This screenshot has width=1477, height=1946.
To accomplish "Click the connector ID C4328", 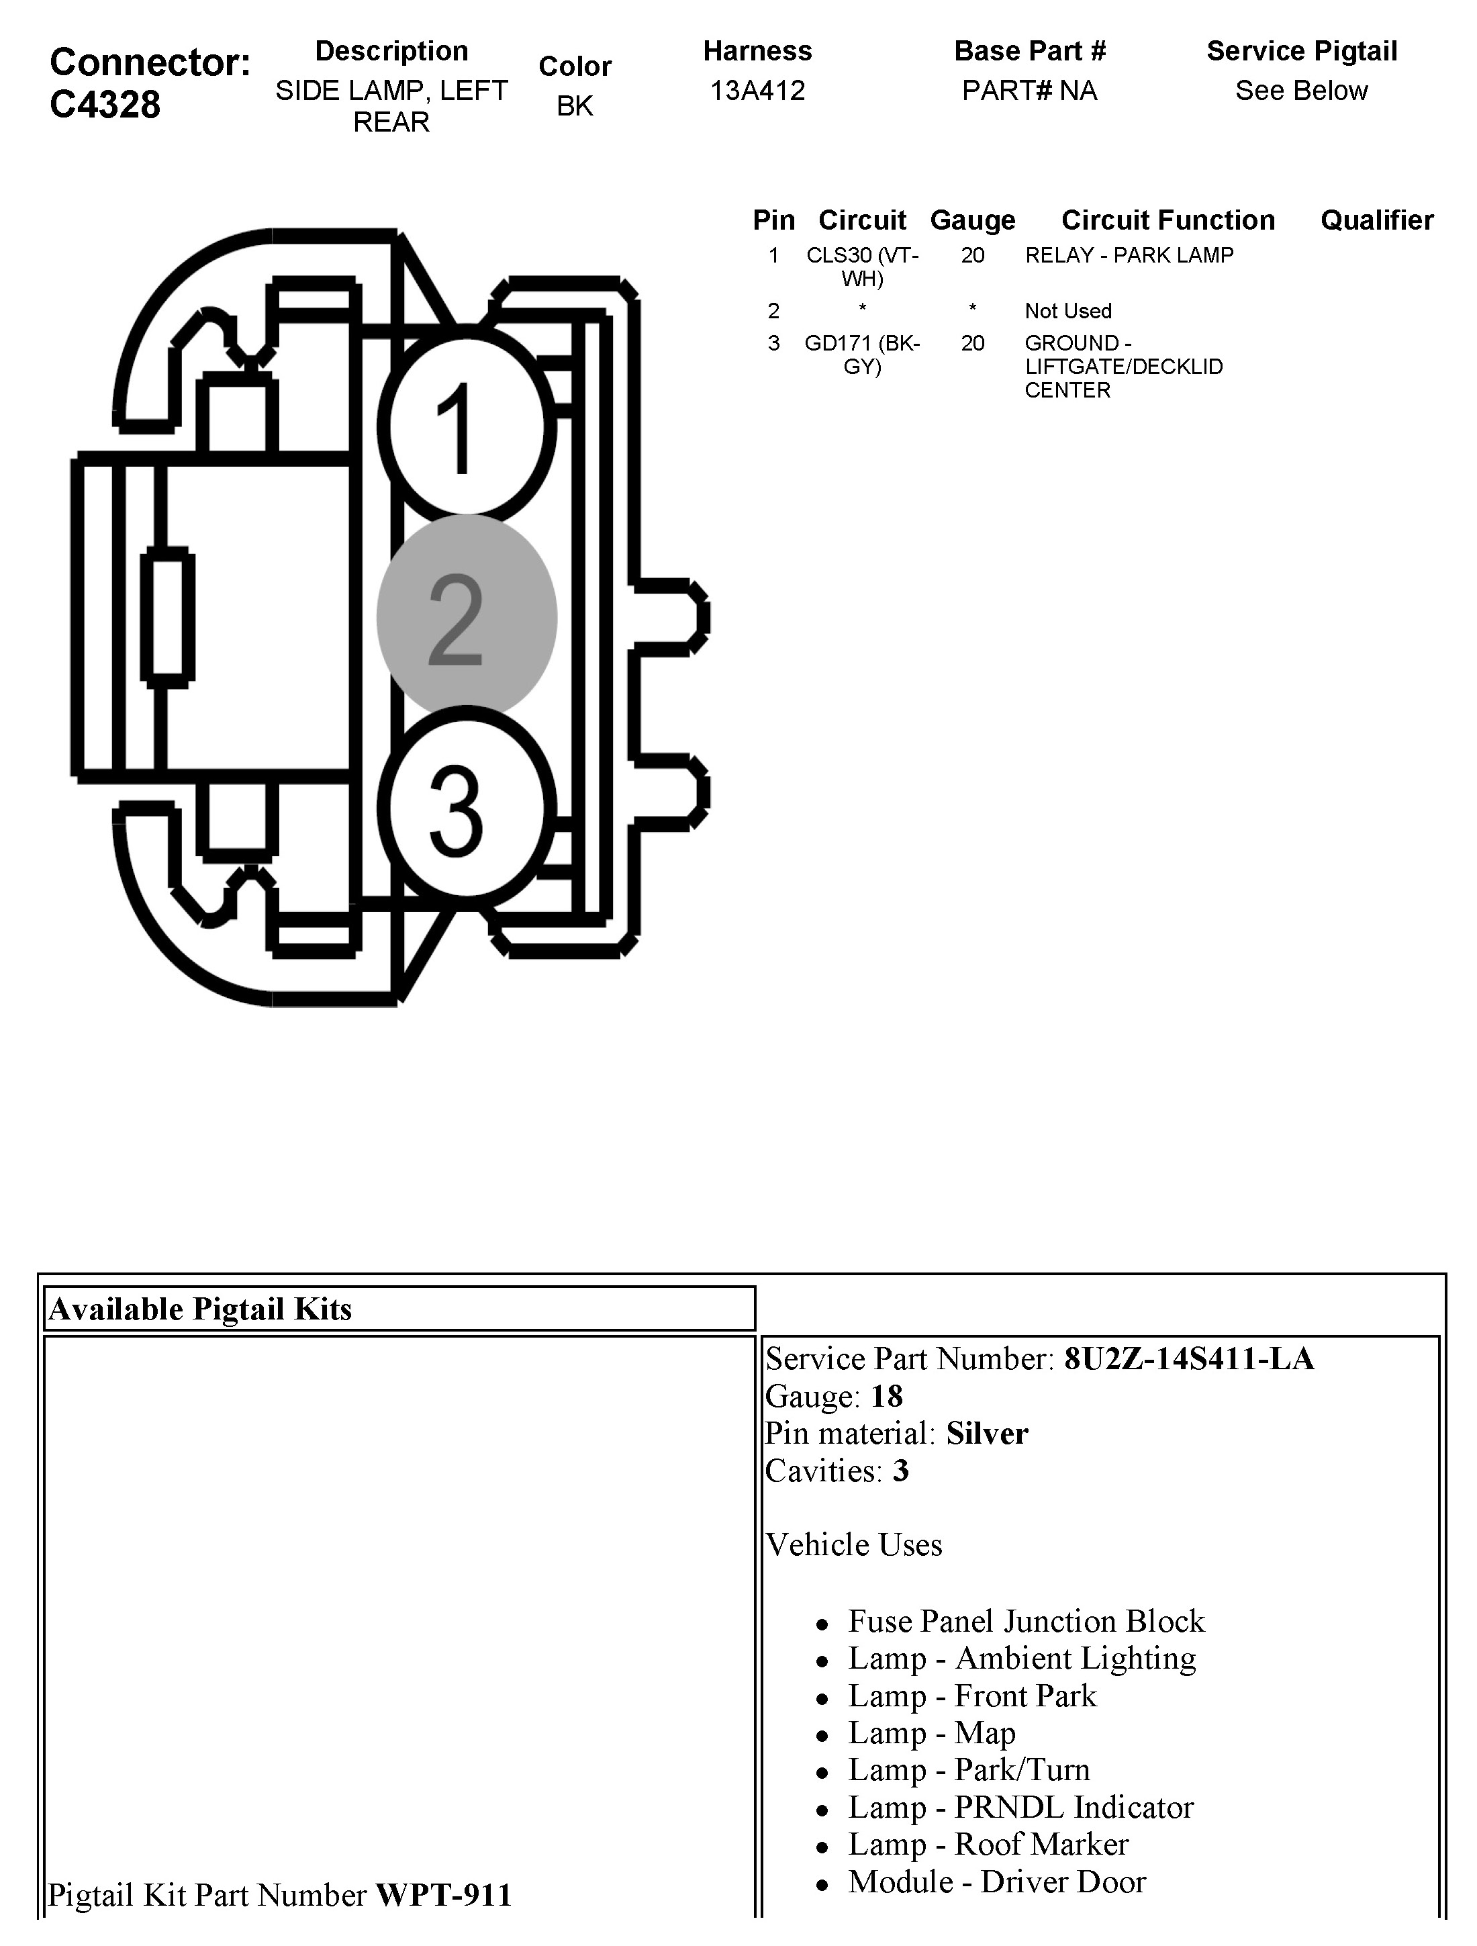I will [x=105, y=105].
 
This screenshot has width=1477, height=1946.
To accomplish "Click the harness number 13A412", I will [x=757, y=91].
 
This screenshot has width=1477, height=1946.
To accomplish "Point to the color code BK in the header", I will [x=575, y=105].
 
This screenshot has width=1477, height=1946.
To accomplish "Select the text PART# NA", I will [x=1029, y=91].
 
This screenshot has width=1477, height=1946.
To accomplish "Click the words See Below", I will [x=1301, y=91].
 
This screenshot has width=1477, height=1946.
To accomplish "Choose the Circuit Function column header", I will [x=1168, y=220].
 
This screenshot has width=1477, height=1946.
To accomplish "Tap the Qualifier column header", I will [x=1377, y=220].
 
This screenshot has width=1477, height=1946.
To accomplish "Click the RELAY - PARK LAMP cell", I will [x=1129, y=255].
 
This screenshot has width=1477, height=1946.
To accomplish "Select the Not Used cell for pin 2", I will [x=1068, y=310].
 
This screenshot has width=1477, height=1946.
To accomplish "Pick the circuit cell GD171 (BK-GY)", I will [x=862, y=355].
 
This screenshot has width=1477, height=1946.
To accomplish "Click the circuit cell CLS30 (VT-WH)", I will [x=862, y=267].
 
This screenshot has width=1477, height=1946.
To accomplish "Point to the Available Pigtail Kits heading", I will [x=201, y=1309].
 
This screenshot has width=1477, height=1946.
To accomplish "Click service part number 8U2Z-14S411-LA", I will [x=1188, y=1359].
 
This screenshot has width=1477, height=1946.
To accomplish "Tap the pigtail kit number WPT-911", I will [x=443, y=1895].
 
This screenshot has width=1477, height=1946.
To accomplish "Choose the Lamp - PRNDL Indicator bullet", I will [x=1020, y=1807].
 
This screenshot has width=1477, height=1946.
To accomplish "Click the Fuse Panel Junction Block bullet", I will [x=1026, y=1622].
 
